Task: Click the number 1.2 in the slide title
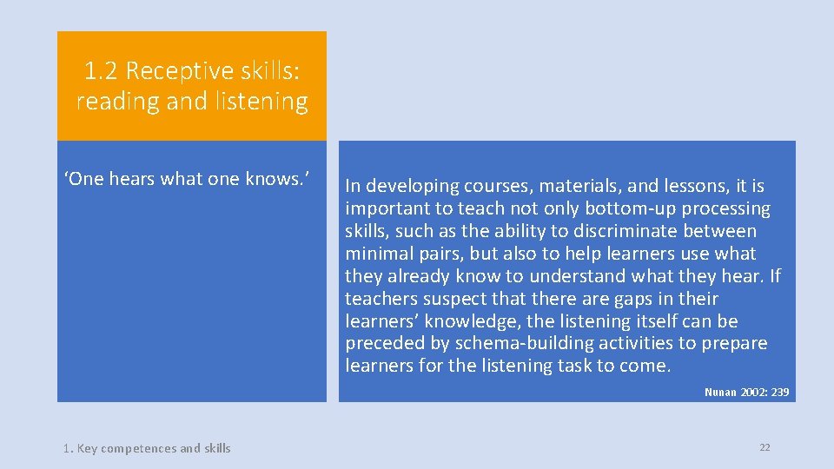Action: (101, 69)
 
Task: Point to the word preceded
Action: (383, 344)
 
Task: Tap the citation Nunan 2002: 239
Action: (746, 393)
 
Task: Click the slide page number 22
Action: (764, 447)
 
